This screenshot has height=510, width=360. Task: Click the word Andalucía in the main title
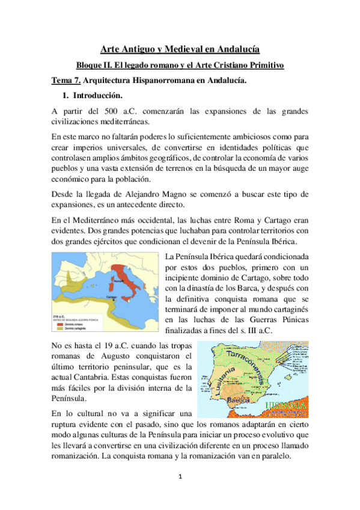238,49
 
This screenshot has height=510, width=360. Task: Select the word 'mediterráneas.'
130,121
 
